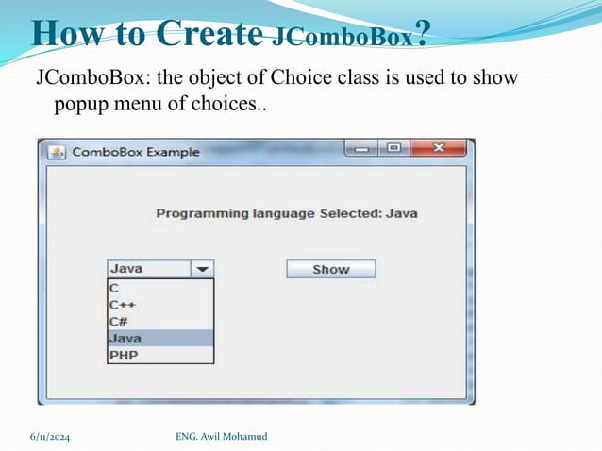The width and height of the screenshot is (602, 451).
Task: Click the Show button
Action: (330, 269)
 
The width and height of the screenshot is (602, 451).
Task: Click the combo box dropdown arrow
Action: (203, 269)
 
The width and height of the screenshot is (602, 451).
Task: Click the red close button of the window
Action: (439, 149)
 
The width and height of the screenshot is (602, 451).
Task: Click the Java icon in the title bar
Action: (57, 152)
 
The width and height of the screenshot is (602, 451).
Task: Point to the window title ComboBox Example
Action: (136, 152)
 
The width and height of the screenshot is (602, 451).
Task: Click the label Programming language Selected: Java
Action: (286, 213)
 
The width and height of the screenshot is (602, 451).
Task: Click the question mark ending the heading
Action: (423, 34)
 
